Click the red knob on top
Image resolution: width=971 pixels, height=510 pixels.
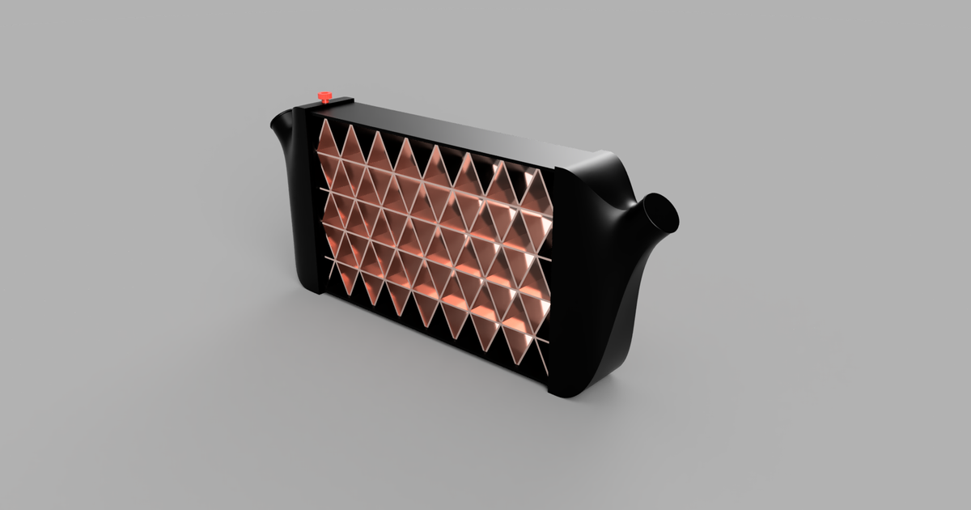[x=324, y=97]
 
